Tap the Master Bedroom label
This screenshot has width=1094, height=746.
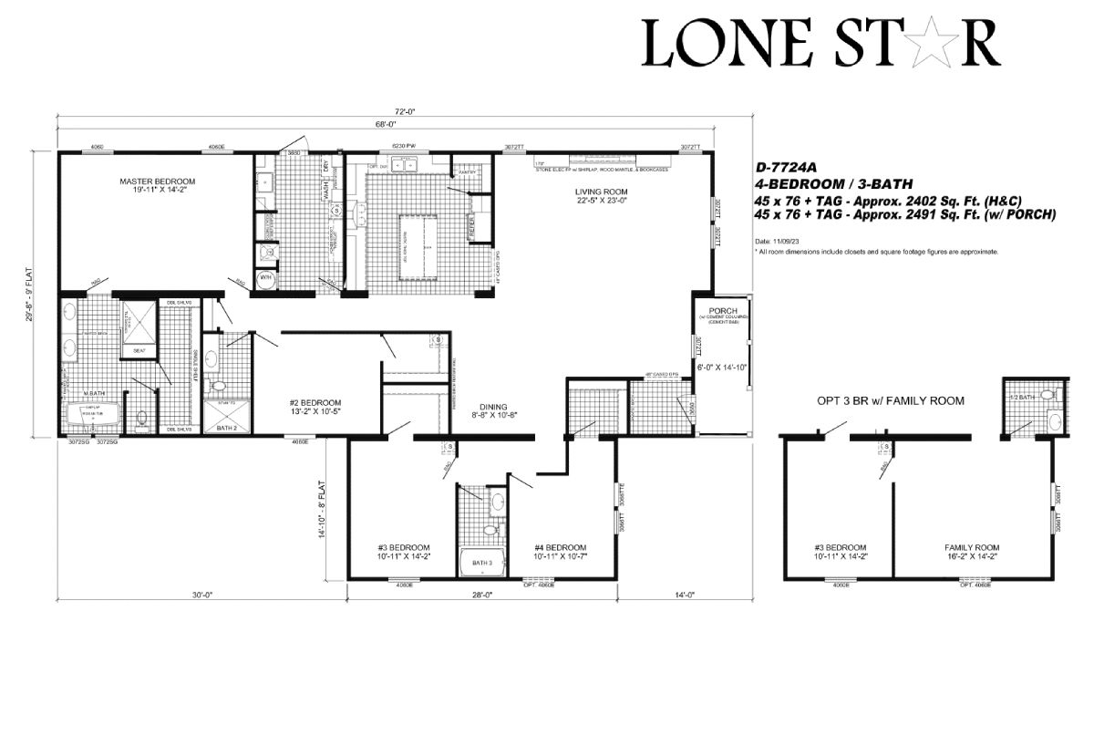pos(157,181)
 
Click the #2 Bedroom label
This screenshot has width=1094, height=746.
pos(315,402)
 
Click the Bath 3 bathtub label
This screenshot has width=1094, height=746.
pos(481,563)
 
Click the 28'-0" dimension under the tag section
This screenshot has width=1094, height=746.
pos(481,594)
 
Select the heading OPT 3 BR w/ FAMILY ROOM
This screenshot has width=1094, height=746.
pos(891,400)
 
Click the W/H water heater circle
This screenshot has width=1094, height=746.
pos(267,278)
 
